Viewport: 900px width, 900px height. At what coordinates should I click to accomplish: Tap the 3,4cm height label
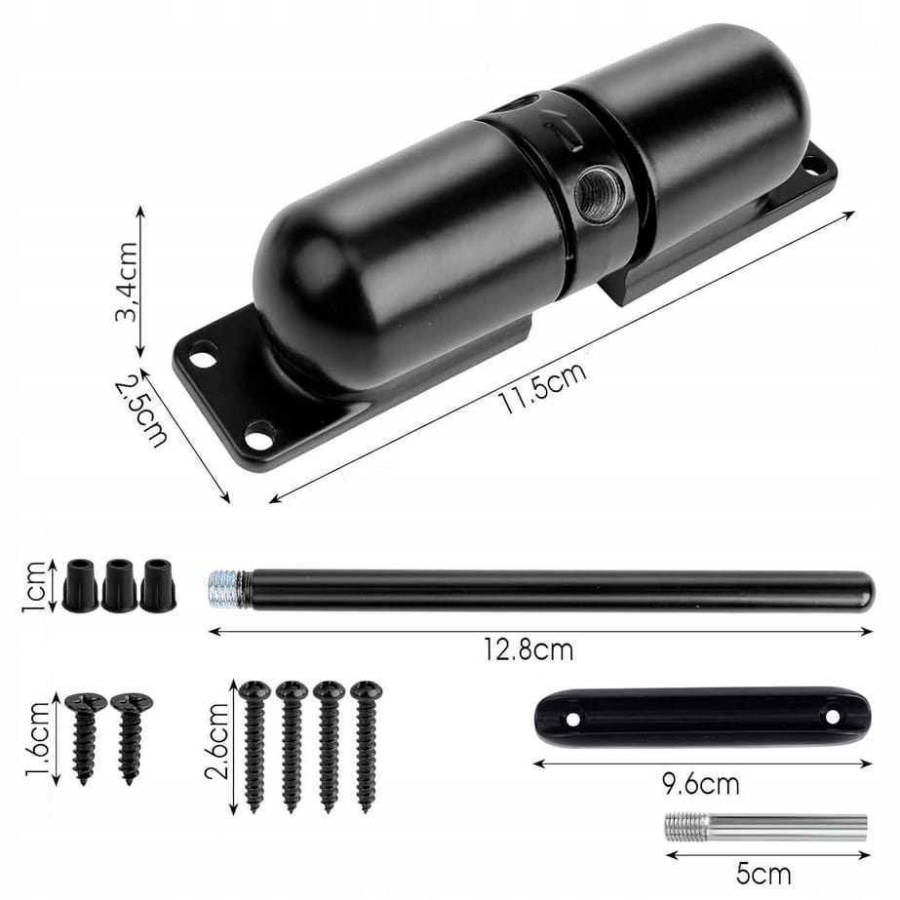128,281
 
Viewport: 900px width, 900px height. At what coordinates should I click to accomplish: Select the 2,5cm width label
140,411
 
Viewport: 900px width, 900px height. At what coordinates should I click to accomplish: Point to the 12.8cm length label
528,649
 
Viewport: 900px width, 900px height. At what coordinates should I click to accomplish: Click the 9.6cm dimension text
700,784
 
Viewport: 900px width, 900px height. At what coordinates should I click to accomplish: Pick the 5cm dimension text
763,875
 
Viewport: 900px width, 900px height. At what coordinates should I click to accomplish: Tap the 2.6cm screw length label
217,741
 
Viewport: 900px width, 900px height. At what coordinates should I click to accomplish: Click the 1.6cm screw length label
38,740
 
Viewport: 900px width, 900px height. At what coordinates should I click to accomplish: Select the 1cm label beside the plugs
33,586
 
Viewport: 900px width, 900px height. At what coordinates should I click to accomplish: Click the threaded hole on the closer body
599,193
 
